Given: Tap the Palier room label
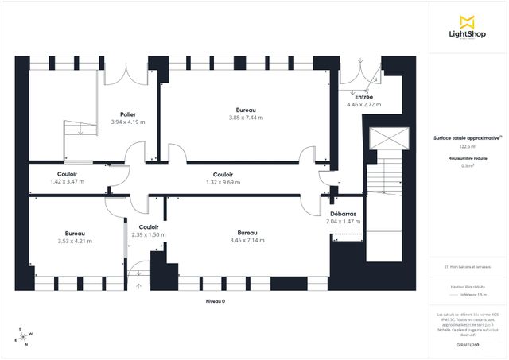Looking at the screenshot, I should click(126, 114).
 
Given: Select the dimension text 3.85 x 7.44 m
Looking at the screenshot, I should click(246, 117).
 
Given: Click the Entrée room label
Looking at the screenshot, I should click(363, 96).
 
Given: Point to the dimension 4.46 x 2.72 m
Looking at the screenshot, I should click(363, 104).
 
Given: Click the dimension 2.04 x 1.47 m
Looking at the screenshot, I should click(343, 222).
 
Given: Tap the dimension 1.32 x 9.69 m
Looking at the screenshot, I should click(223, 182).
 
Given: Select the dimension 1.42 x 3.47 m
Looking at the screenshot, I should click(67, 181).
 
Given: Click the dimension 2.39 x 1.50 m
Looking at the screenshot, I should click(148, 213).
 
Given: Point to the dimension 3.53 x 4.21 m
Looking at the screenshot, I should click(76, 241).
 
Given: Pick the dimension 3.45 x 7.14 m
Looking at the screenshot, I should click(246, 241).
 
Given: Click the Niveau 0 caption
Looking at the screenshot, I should click(216, 302).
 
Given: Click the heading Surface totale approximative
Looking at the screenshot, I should click(467, 137).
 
